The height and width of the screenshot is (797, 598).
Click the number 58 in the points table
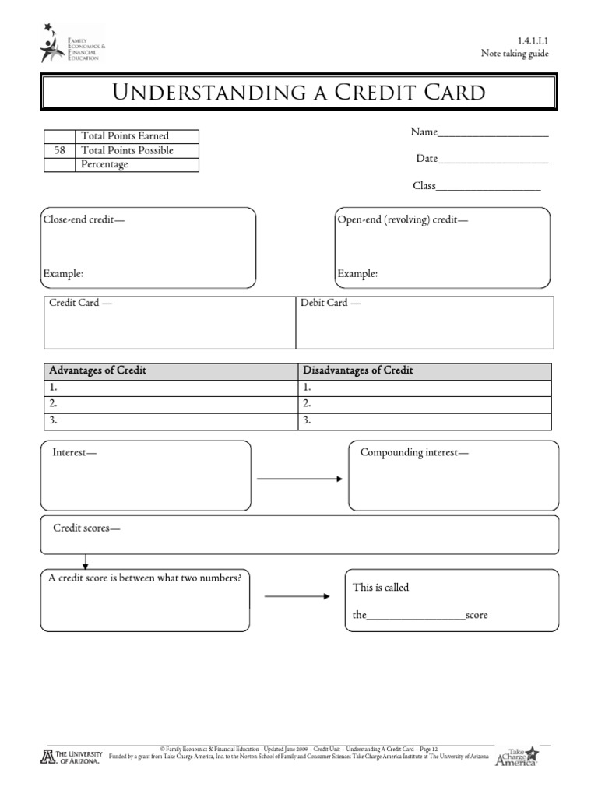[59, 150]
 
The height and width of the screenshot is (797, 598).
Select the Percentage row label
[104, 164]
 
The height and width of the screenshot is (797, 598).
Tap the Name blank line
[494, 135]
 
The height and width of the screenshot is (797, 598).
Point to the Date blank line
[494, 162]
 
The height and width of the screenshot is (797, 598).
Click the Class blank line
[488, 189]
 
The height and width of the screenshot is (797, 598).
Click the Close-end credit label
[83, 219]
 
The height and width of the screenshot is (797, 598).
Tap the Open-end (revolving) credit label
[403, 219]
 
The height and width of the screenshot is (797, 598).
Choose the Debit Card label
[330, 302]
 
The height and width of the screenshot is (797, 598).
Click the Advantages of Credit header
[97, 370]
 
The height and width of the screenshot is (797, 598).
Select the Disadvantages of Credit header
[357, 370]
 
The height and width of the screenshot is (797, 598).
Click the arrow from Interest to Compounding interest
[299, 479]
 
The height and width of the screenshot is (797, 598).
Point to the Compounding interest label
[414, 452]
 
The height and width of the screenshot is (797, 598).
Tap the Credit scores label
[86, 528]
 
